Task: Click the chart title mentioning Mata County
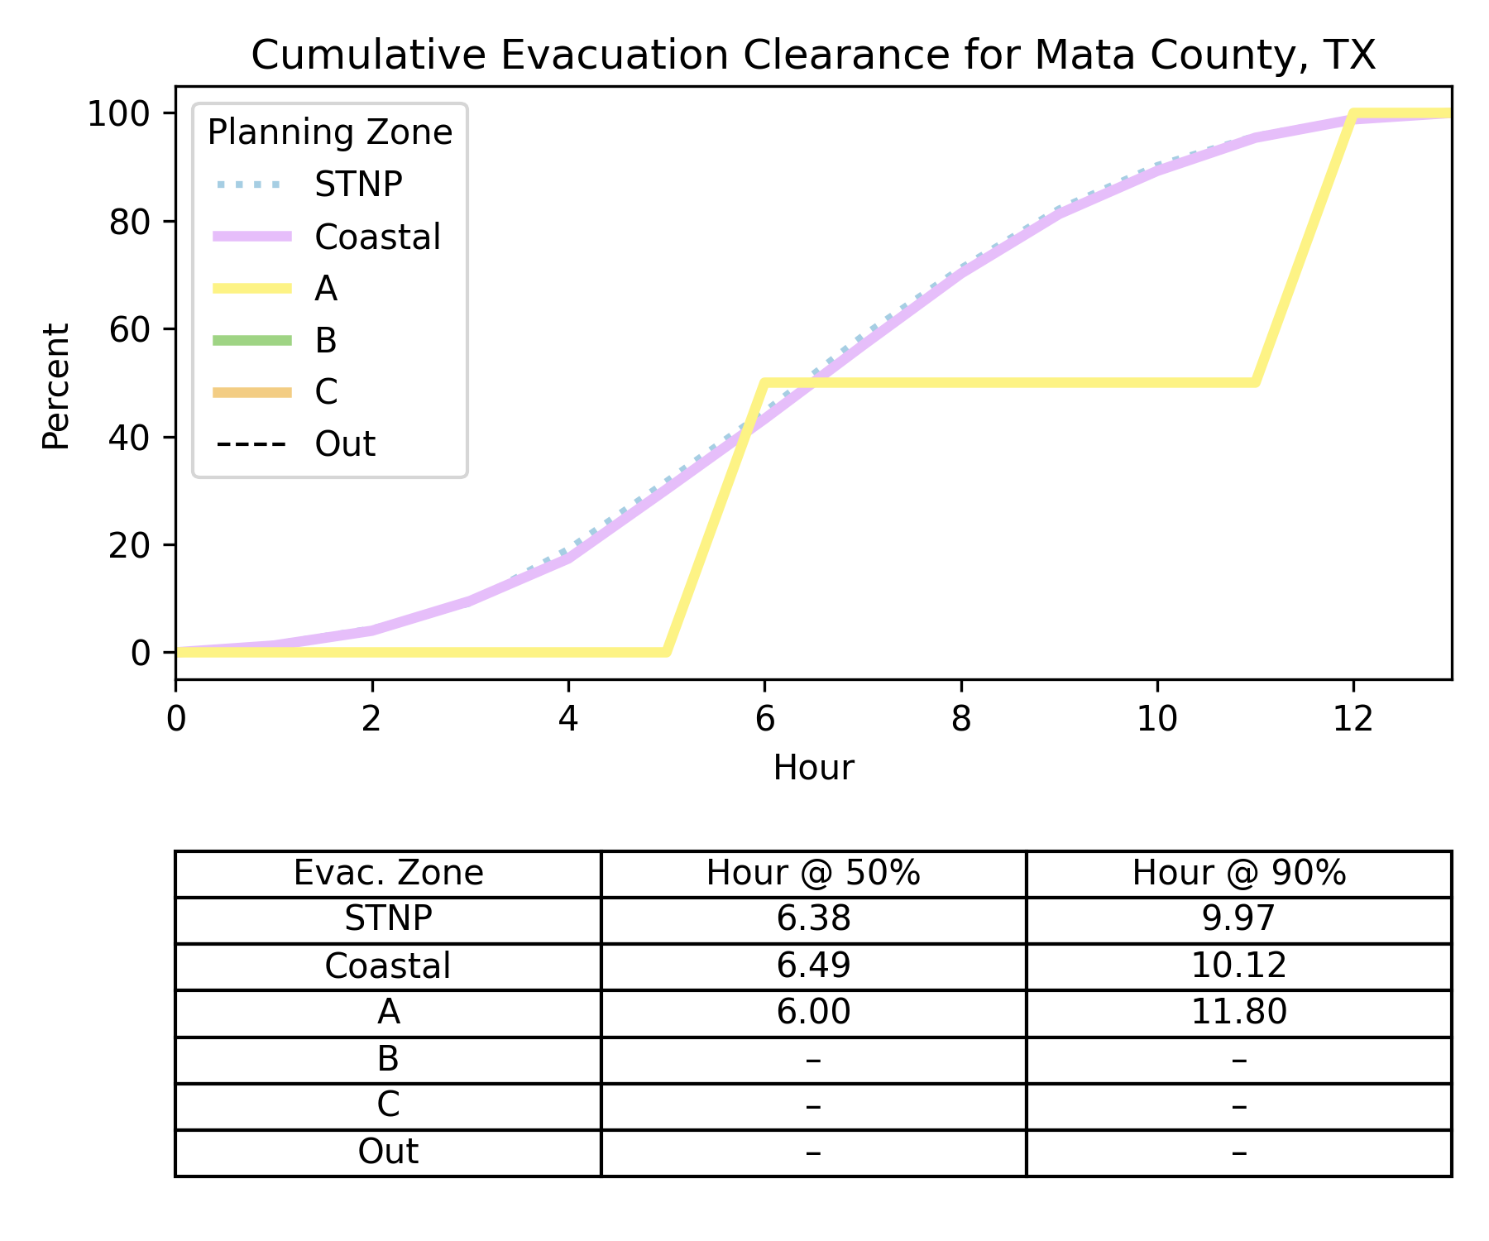pos(813,55)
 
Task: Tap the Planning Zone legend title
pos(329,133)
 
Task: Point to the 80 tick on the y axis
pos(130,222)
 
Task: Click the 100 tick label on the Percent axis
pos(119,113)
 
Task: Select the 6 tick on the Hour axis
pos(765,719)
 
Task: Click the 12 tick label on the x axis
pos(1353,719)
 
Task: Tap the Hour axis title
pos(813,768)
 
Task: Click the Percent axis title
pos(56,386)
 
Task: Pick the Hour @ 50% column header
pos(813,874)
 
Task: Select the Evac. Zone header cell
pos(388,874)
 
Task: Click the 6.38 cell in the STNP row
pos(813,919)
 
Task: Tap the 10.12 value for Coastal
pos(1238,965)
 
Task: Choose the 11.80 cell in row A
pos(1238,1012)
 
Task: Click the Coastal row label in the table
pos(388,965)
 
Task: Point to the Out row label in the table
pos(388,1152)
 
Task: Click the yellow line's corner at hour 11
pos(1256,383)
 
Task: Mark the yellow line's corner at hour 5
pos(667,652)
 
